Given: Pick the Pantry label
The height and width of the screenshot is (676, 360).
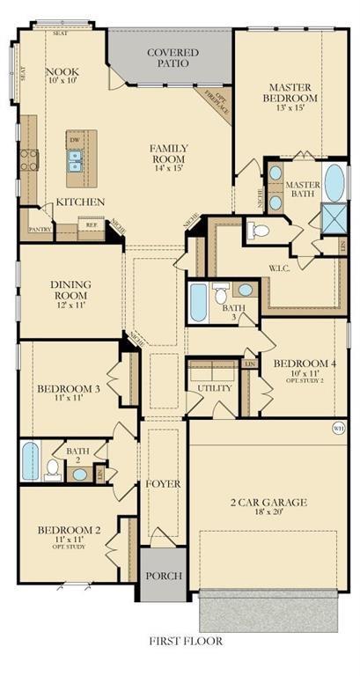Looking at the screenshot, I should pos(40,228).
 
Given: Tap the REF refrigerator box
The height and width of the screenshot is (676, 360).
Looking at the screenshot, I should pos(91,224).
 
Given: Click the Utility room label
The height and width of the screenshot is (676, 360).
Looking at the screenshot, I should pos(215,387).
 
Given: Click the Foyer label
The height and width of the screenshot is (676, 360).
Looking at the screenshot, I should pos(162,484).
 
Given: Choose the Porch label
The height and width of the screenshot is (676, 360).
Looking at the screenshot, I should pos(163,576).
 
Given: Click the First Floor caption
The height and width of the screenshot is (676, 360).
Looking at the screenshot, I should pos(185,642).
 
